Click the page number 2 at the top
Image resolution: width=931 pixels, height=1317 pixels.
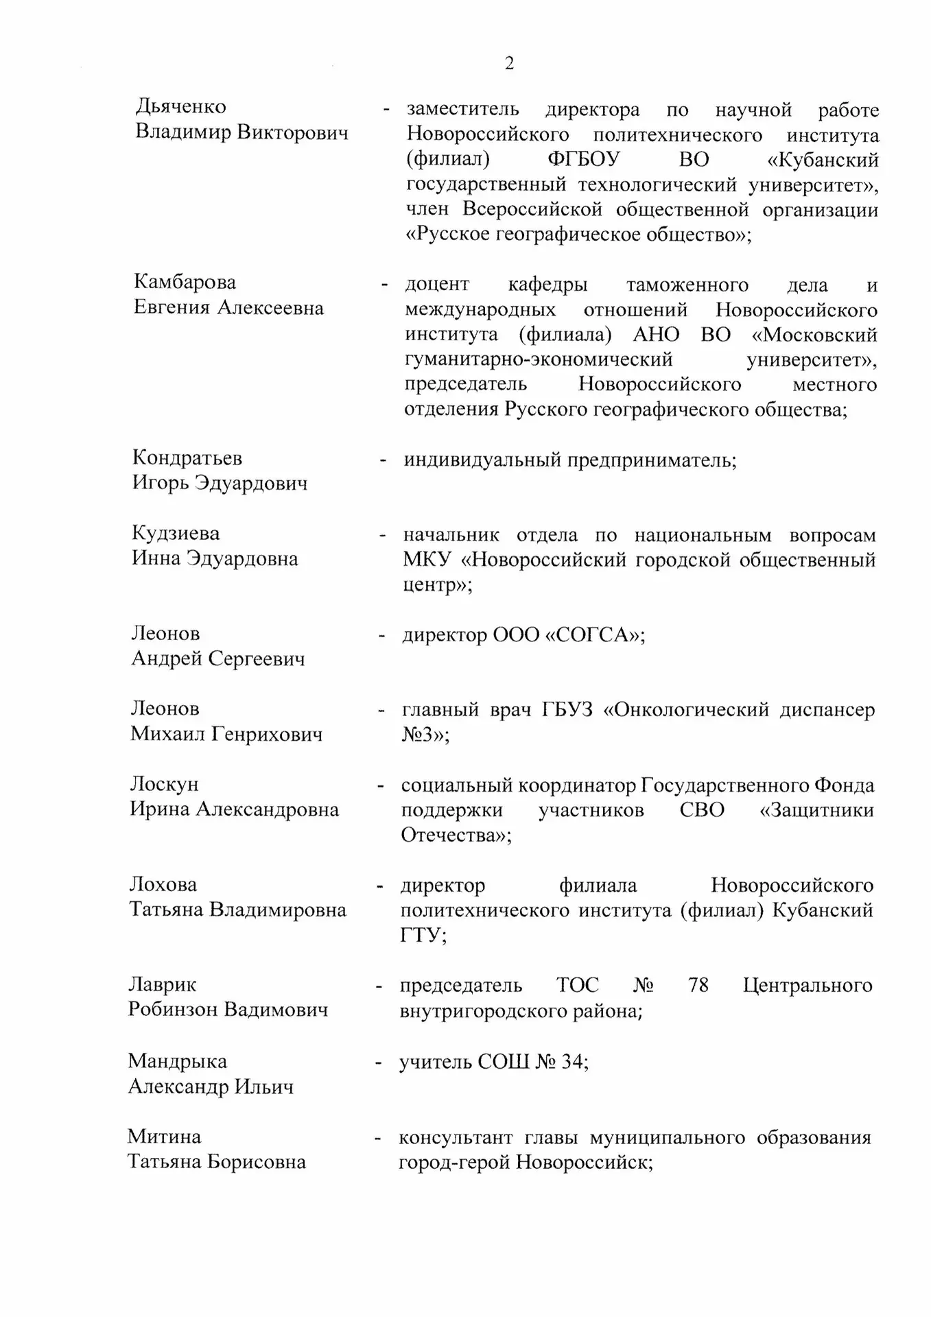coord(509,64)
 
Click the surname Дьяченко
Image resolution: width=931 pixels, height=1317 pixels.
coord(180,106)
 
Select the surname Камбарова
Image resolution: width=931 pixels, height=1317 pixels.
coord(185,282)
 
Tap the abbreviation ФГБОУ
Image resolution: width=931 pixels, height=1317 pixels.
coord(583,160)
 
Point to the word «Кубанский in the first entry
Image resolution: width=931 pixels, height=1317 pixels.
coord(823,160)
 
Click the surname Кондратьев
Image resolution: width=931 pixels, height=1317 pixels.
coord(187,458)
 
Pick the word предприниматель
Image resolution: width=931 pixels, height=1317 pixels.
coord(651,460)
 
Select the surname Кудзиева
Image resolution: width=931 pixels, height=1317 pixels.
coord(176,533)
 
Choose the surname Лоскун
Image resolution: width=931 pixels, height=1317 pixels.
coord(164,784)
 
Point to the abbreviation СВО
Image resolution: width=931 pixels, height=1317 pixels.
coord(702,810)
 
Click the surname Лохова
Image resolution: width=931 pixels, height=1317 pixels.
coord(163,884)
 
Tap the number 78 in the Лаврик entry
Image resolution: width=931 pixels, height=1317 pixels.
coord(698,986)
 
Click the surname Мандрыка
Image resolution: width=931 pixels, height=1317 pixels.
coord(177,1061)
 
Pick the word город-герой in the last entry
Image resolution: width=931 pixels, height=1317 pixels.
coord(454,1163)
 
